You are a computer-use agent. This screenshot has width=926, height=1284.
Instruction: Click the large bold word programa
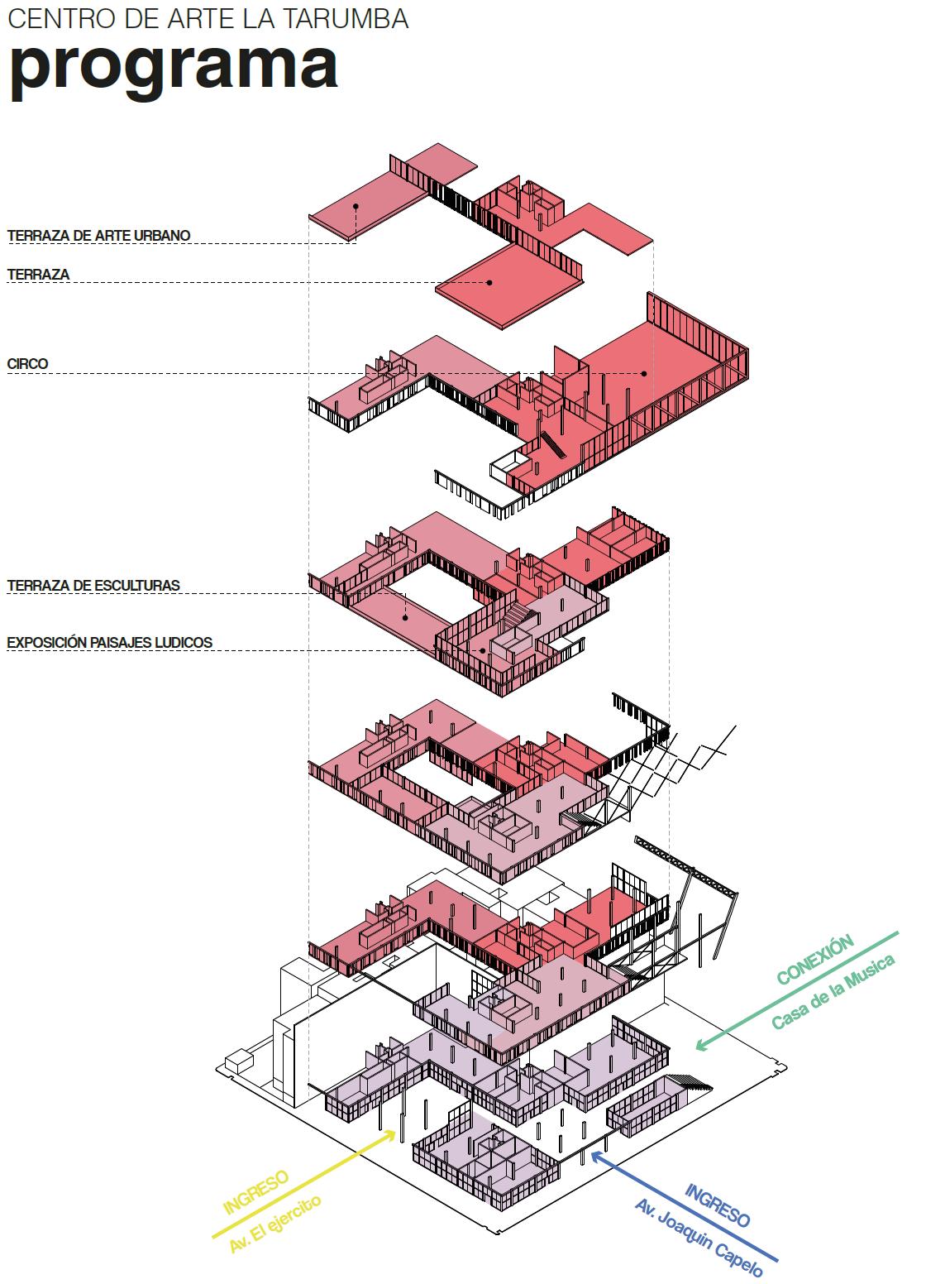pyautogui.click(x=174, y=68)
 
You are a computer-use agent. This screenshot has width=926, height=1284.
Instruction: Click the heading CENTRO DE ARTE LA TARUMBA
pyautogui.click(x=208, y=19)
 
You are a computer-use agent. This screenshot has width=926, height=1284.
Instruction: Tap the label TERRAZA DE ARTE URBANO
pyautogui.click(x=98, y=236)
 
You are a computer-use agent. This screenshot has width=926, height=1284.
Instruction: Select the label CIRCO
pyautogui.click(x=27, y=363)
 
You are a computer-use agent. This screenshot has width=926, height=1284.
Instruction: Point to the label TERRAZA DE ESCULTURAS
pyautogui.click(x=93, y=585)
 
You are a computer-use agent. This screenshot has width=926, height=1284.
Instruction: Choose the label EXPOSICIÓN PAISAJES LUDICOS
pyautogui.click(x=109, y=641)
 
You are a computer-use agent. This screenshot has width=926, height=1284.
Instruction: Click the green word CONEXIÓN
pyautogui.click(x=815, y=960)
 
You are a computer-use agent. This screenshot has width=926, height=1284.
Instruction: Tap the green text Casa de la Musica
pyautogui.click(x=833, y=992)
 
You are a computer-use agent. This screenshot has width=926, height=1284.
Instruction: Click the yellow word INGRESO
pyautogui.click(x=255, y=1191)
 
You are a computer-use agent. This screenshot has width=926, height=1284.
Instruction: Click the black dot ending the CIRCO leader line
pyautogui.click(x=642, y=373)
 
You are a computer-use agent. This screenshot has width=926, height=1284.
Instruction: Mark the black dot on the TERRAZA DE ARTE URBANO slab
pyautogui.click(x=356, y=206)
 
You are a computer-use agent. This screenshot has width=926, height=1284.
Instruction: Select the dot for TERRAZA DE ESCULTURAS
pyautogui.click(x=405, y=616)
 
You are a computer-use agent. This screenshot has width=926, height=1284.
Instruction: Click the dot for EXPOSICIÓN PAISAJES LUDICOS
pyautogui.click(x=483, y=650)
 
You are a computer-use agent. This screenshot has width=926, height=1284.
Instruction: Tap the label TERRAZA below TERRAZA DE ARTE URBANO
pyautogui.click(x=38, y=274)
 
